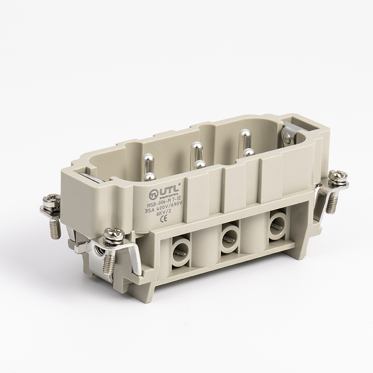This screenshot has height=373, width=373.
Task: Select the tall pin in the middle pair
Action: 195,151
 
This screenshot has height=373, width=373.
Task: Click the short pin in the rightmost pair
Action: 248,152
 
